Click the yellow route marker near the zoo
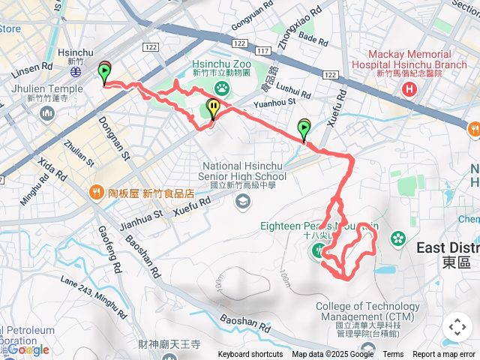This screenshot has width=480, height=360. click(214, 109)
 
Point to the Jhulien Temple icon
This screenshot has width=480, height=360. click(49, 113)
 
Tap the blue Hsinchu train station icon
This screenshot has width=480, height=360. click(76, 73)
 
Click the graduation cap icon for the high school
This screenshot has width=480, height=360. click(243, 200)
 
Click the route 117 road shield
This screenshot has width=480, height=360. click(262, 51)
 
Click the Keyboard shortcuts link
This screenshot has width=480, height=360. click(250, 355)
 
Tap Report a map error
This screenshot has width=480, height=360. click(444, 355)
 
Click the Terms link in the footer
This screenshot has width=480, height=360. click(393, 355)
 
